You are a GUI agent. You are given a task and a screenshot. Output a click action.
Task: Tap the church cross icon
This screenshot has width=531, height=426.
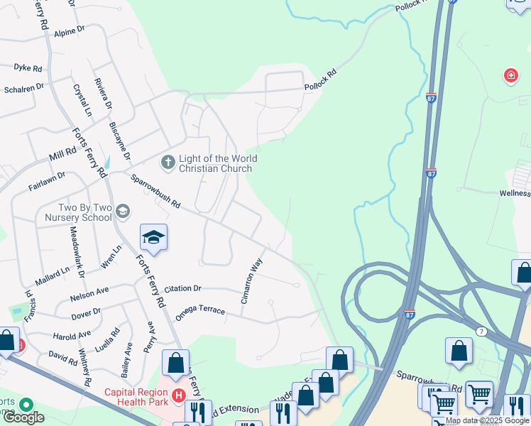(x=168, y=163)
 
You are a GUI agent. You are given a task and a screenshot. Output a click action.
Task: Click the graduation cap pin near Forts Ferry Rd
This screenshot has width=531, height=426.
(x=153, y=238)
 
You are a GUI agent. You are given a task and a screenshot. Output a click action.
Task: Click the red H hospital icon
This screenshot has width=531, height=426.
(x=180, y=396)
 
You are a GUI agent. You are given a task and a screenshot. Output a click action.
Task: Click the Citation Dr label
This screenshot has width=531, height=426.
(x=183, y=289)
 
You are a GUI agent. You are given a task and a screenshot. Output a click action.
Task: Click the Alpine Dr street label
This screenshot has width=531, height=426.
(x=70, y=31)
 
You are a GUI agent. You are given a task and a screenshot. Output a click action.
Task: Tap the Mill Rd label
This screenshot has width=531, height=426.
(x=62, y=152)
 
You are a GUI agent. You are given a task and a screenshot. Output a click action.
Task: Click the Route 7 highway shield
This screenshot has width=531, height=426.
(x=482, y=332)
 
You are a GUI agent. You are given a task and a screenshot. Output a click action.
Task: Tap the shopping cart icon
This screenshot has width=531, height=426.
(x=479, y=393)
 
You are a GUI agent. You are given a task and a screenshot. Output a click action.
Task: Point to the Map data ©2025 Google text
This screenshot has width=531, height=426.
(x=488, y=421)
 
